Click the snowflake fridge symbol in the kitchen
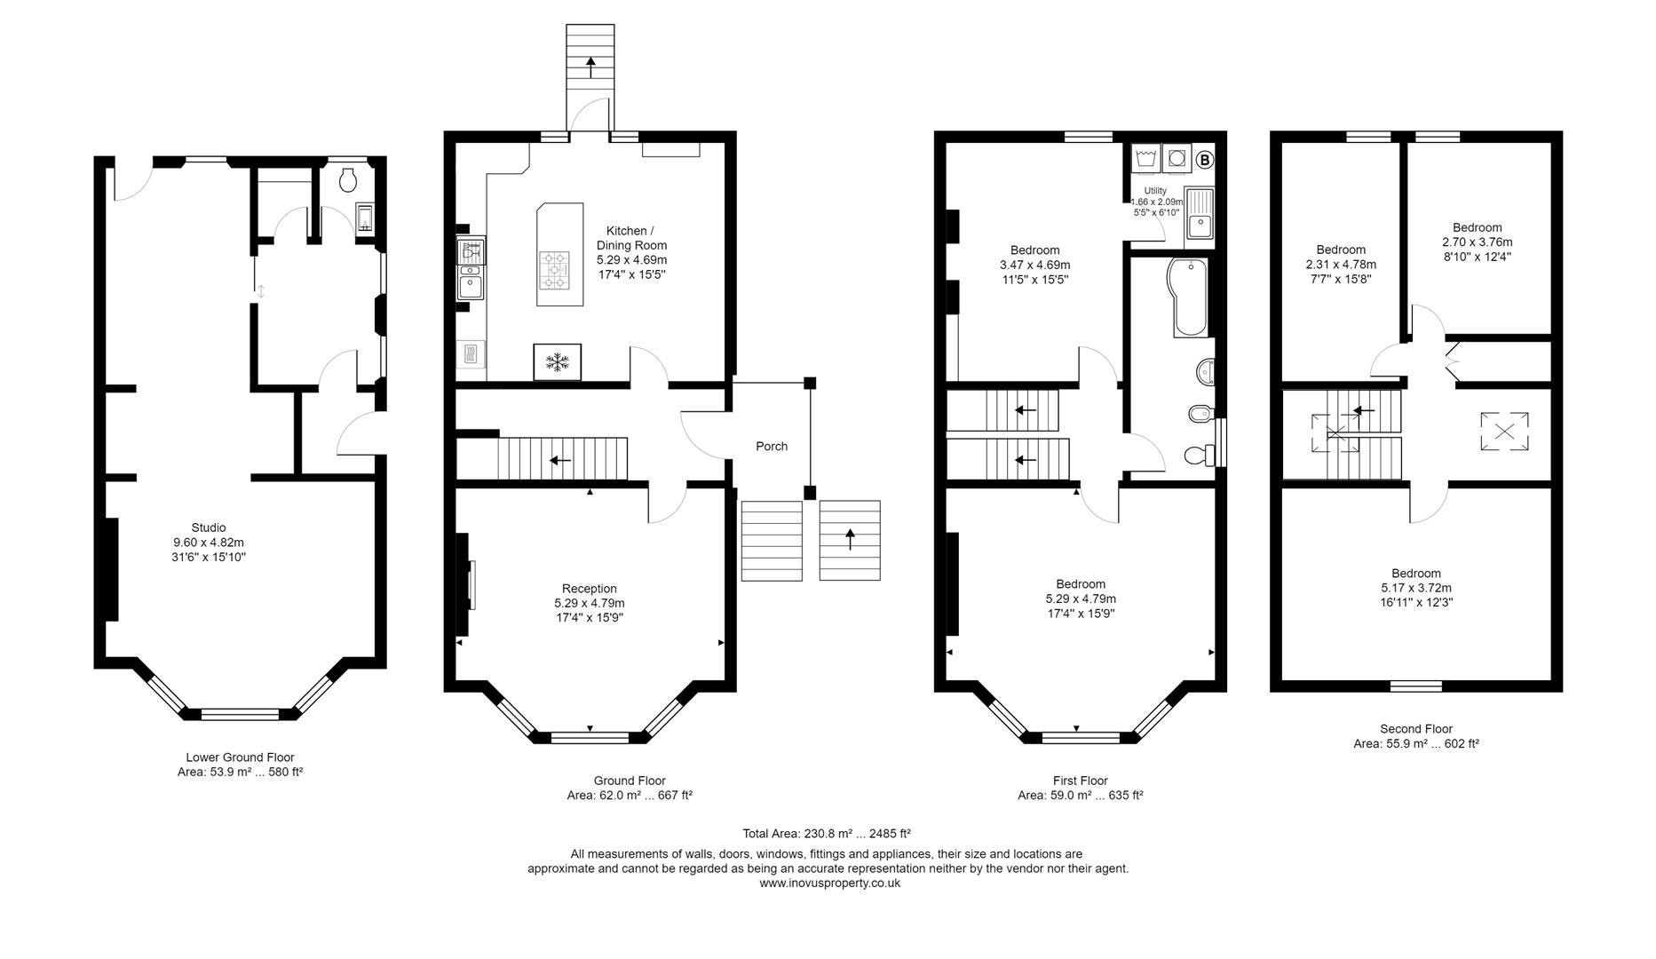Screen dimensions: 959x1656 pos(558,361)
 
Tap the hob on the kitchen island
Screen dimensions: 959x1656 pos(557,270)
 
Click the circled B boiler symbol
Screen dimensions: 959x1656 pos(1204,161)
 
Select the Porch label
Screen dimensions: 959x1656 pos(772,447)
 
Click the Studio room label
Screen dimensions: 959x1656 pos(209,527)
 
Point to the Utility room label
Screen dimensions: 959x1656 pos(1155,191)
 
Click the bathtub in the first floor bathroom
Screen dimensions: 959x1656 pos(1188,297)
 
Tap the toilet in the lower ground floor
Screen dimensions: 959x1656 pos(349,180)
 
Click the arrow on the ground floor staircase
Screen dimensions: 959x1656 pos(560,460)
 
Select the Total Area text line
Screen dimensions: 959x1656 pos(827,834)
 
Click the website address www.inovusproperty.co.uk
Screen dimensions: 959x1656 pos(829,884)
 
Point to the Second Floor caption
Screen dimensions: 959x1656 pos(1416,729)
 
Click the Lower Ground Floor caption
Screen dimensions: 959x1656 pos(240,757)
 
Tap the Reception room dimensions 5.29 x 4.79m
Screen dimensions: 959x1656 pos(590,603)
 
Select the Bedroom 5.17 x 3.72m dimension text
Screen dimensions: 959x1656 pos(1416,588)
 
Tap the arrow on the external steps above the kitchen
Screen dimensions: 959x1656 pos(590,67)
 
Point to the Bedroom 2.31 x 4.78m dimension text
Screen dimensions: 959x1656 pos(1341,265)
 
